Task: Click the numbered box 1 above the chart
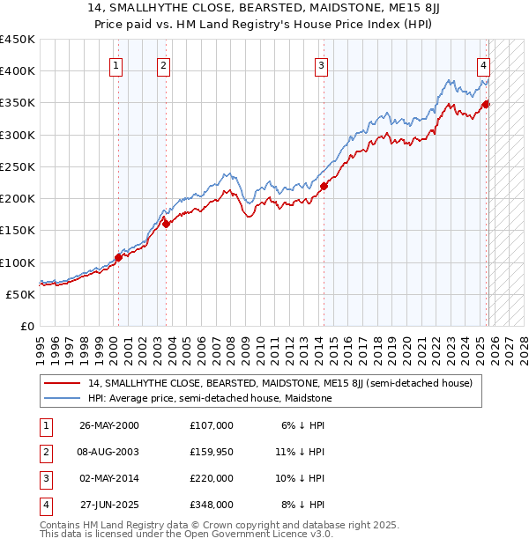[117, 64]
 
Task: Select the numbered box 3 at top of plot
[322, 64]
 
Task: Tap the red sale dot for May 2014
[324, 186]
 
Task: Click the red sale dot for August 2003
[167, 224]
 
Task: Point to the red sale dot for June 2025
[485, 104]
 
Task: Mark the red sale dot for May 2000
[118, 257]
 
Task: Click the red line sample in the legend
[63, 383]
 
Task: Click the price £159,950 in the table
[211, 451]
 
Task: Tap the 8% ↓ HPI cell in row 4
[303, 505]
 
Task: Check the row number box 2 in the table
[44, 452]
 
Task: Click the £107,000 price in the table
[211, 424]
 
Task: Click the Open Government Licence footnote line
[186, 534]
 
